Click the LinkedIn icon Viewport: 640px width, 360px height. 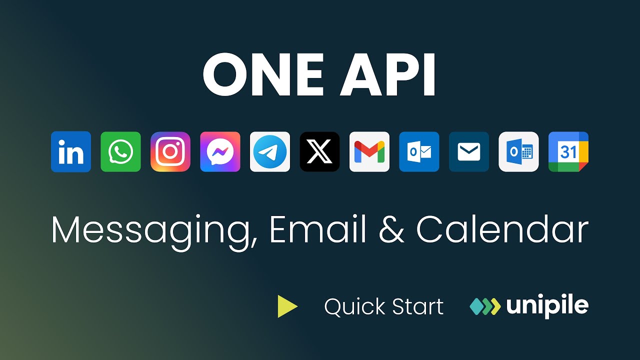pos(71,152)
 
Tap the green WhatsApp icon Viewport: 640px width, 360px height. pos(120,152)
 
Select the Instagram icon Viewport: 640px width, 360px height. pos(170,152)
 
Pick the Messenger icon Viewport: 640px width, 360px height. pos(220,152)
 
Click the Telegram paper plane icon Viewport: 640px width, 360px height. pos(270,152)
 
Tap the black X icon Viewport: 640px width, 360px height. pos(319,152)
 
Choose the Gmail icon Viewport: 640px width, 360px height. pos(369,152)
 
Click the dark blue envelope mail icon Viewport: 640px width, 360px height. pos(469,152)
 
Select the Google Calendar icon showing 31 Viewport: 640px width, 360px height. pos(568,152)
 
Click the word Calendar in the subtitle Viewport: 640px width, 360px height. pos(502,230)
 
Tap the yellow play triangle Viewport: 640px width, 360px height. pos(287,306)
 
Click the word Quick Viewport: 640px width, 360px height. pos(354,306)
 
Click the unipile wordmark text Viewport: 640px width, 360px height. pos(547,306)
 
